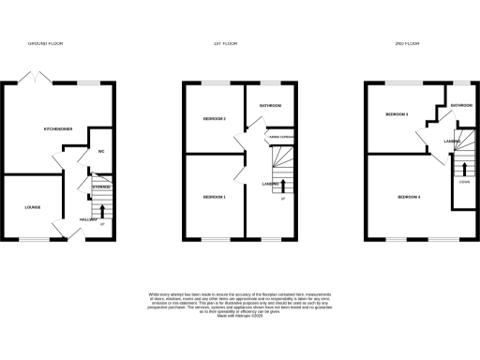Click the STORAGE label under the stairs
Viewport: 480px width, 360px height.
coord(100,187)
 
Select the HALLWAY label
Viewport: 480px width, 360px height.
coord(88,218)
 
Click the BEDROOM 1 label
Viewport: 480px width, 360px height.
coord(216,197)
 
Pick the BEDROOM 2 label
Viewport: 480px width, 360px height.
coord(216,118)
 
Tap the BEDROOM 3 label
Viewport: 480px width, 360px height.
coord(397,114)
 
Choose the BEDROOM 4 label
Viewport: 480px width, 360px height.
coord(409,197)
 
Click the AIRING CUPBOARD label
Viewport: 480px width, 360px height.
coord(280,138)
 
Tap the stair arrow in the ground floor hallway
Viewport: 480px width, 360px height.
coord(102,210)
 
